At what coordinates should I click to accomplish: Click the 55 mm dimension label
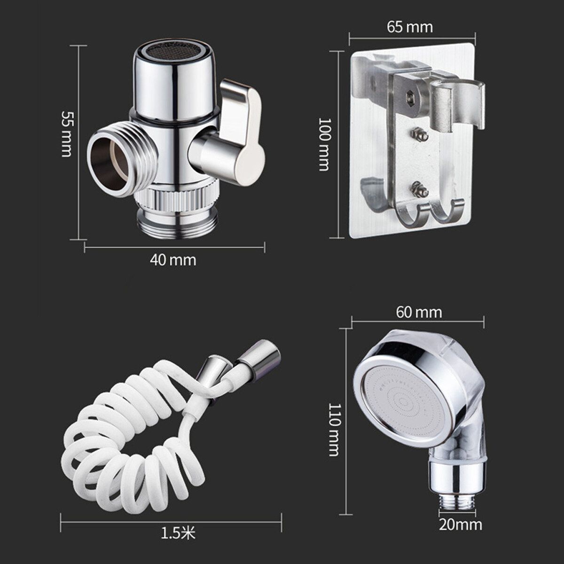pos(66,134)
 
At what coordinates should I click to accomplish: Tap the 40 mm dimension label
pos(173,260)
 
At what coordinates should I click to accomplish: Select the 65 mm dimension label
pos(410,27)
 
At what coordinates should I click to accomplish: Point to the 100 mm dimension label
pos(324,144)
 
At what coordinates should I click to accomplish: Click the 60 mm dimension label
pos(419,313)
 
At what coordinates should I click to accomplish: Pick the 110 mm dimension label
pos(334,430)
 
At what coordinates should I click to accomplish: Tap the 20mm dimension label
pos(461,525)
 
